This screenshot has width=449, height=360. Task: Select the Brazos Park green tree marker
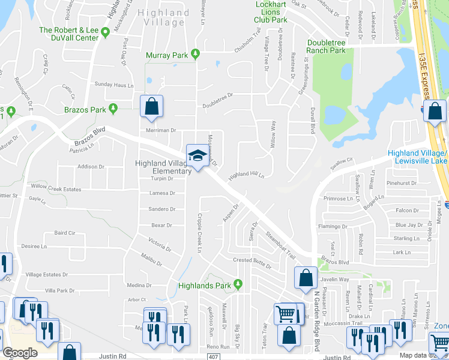coord(113,109)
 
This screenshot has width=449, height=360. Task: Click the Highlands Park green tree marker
coord(238,284)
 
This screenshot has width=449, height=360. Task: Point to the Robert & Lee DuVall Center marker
coord(105,31)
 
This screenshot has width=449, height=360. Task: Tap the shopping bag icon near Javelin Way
coord(306,277)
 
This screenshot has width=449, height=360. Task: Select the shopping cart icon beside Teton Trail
coord(286,313)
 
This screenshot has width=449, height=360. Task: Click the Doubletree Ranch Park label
coord(327,47)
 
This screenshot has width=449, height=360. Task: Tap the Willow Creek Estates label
coord(55,189)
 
